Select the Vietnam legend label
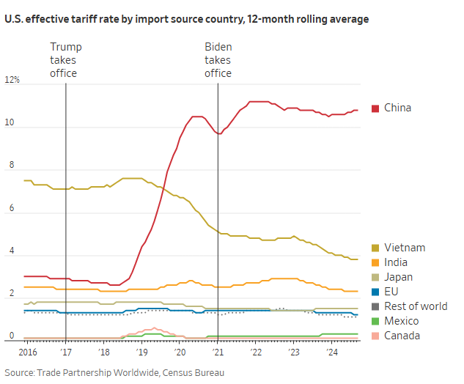[x=404, y=248]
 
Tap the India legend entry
[x=396, y=262]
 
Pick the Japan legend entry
[x=398, y=277]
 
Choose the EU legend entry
[x=391, y=292]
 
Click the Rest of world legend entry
[x=414, y=306]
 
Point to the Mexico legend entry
[x=401, y=321]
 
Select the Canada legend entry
[x=402, y=336]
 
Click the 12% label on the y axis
[x=12, y=80]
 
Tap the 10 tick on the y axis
[x=9, y=124]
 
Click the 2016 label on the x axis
[x=27, y=353]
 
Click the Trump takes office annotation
[x=65, y=60]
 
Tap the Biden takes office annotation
[x=218, y=60]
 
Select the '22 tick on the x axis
[x=256, y=353]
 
